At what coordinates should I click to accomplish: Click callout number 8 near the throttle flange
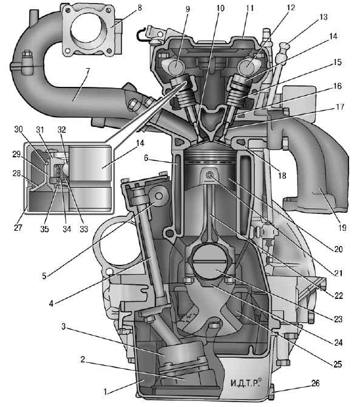[140, 8]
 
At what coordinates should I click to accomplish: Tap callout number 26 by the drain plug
[315, 383]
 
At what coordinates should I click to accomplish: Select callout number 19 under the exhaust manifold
[342, 228]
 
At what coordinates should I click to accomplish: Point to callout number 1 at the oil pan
[105, 392]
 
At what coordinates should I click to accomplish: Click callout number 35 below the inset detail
[44, 228]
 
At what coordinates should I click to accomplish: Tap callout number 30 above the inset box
[18, 129]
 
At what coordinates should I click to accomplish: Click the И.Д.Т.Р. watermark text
[245, 383]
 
